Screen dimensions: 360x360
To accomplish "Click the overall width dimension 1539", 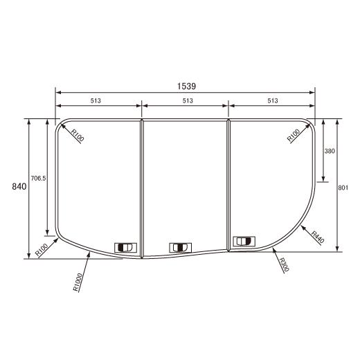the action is pyautogui.click(x=186, y=87).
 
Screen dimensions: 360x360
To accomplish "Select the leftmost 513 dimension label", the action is pyautogui.click(x=96, y=100).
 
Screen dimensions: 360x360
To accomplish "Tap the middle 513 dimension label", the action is pyautogui.click(x=188, y=100).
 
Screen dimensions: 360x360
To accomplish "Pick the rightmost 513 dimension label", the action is pyautogui.click(x=273, y=100).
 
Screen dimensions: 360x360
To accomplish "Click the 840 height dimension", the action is pyautogui.click(x=19, y=186).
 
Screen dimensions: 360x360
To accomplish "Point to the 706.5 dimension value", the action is pyautogui.click(x=38, y=178).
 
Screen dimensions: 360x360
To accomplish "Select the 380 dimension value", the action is pyautogui.click(x=330, y=151).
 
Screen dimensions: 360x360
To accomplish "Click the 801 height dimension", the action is pyautogui.click(x=343, y=188).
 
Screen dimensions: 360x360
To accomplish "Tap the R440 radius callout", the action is pyautogui.click(x=318, y=237).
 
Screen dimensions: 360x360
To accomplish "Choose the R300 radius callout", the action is pyautogui.click(x=284, y=264).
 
